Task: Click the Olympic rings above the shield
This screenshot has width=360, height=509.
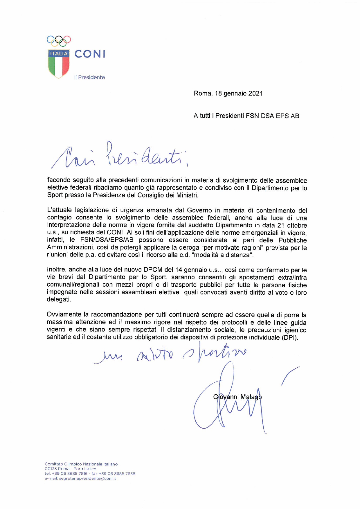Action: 59,41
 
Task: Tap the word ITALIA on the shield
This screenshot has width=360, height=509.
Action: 59,54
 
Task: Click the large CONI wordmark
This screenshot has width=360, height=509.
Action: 90,54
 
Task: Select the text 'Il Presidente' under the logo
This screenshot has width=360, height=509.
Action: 89,77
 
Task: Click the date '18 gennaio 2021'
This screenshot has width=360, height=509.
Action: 239,93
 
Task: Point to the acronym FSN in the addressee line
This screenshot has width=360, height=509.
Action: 252,116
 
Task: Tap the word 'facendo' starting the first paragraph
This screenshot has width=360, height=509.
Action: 58,180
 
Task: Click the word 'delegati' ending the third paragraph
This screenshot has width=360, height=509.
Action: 58,299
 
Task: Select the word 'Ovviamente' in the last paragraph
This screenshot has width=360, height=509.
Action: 64,314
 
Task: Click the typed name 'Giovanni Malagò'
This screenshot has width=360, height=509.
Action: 237,397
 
